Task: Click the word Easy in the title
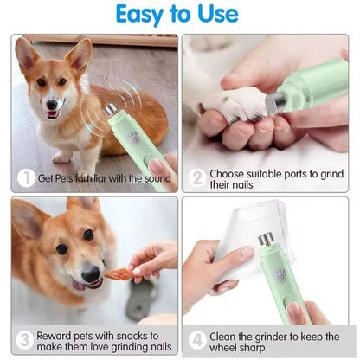click(139, 15)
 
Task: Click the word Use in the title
click(218, 14)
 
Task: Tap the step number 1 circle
click(26, 178)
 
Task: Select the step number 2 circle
click(197, 177)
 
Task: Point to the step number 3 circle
click(24, 340)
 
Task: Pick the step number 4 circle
click(197, 340)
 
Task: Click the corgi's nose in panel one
click(52, 105)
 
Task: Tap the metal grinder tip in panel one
click(111, 109)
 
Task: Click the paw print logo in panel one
click(133, 138)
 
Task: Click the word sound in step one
click(157, 178)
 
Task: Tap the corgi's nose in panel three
click(91, 273)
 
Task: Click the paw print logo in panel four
click(280, 275)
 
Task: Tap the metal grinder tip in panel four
click(266, 239)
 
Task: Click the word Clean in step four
click(222, 337)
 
